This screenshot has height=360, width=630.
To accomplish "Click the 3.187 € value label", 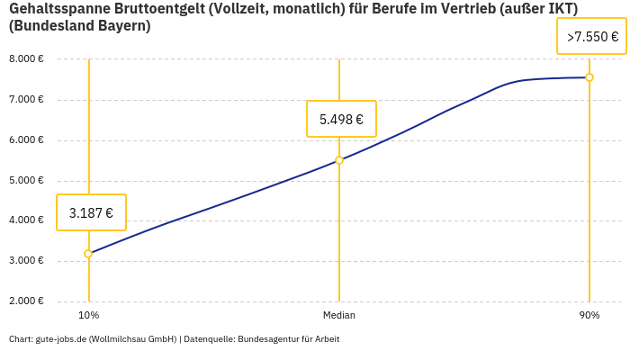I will (x=91, y=213).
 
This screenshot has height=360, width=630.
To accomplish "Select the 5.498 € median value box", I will (x=341, y=119).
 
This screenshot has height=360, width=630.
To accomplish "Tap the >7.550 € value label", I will (x=592, y=37).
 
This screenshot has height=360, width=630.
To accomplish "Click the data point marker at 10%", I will (x=88, y=254).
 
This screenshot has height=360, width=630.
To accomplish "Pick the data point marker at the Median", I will (x=339, y=160).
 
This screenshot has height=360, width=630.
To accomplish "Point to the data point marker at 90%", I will (x=589, y=77).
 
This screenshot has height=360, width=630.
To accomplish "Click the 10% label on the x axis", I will (x=88, y=315).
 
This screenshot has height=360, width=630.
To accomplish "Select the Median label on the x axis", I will (x=339, y=315).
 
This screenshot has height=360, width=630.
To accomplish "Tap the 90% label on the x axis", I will (x=589, y=315).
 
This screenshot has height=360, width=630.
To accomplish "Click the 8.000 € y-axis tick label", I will (x=26, y=59).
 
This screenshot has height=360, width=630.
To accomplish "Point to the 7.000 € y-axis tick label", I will (x=26, y=99).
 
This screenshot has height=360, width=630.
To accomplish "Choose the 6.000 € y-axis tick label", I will (x=26, y=139).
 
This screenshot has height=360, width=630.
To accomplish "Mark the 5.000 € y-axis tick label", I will (x=26, y=180).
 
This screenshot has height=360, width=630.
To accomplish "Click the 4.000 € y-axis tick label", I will (x=26, y=220).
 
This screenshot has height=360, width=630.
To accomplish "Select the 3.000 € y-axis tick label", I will (x=26, y=260).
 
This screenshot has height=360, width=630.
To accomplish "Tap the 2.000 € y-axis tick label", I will (x=26, y=301).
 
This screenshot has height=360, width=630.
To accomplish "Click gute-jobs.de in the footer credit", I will (x=60, y=339).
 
